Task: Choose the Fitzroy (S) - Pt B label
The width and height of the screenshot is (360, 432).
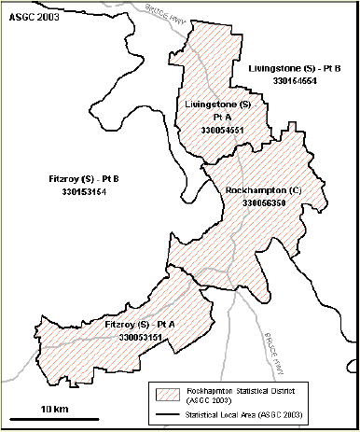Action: tap(77, 179)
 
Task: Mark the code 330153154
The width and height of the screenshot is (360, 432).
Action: tap(78, 191)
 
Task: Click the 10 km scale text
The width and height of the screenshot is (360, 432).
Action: tap(54, 410)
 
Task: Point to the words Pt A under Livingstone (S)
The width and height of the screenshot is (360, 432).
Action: tap(220, 117)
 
